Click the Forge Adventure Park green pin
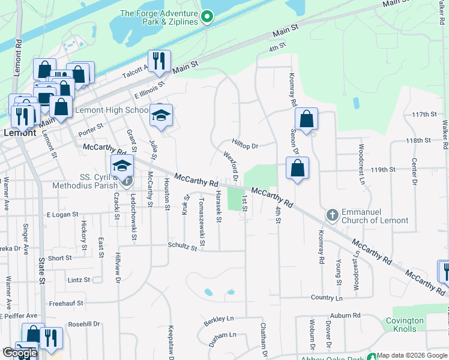(x=207, y=17)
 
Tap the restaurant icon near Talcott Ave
(x=159, y=61)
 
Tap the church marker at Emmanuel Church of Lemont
(x=332, y=215)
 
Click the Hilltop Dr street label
(x=245, y=146)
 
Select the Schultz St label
(x=182, y=246)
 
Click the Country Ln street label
(x=327, y=298)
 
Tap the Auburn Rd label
(x=345, y=315)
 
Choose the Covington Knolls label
(x=405, y=325)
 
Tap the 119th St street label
(x=383, y=170)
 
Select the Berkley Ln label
(x=217, y=319)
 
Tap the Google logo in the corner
(x=19, y=353)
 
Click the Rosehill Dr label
(x=84, y=324)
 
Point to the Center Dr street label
(x=414, y=171)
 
